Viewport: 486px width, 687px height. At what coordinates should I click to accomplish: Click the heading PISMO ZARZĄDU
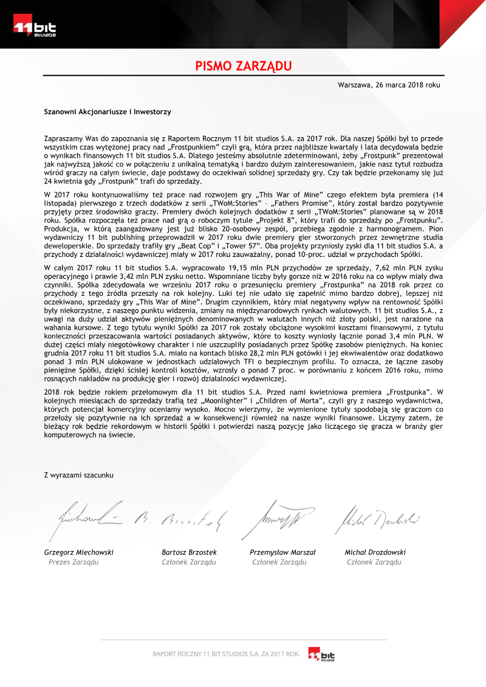pos(244,66)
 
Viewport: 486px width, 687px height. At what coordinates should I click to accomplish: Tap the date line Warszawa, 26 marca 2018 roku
pos(389,85)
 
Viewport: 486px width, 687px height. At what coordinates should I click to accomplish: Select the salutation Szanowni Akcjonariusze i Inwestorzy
pos(108,112)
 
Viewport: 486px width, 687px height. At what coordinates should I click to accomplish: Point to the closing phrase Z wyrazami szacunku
pos(78,474)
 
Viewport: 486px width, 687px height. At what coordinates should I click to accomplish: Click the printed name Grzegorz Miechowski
pos(79,552)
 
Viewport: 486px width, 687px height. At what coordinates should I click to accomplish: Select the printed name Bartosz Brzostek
pos(189,552)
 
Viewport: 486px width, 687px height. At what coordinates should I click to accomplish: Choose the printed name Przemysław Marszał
pos(282,552)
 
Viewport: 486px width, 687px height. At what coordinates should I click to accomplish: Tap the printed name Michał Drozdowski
pos(375,552)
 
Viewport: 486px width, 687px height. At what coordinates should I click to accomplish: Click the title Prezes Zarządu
pos(74,562)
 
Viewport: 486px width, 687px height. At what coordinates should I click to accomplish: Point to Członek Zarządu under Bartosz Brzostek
pos(189,562)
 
